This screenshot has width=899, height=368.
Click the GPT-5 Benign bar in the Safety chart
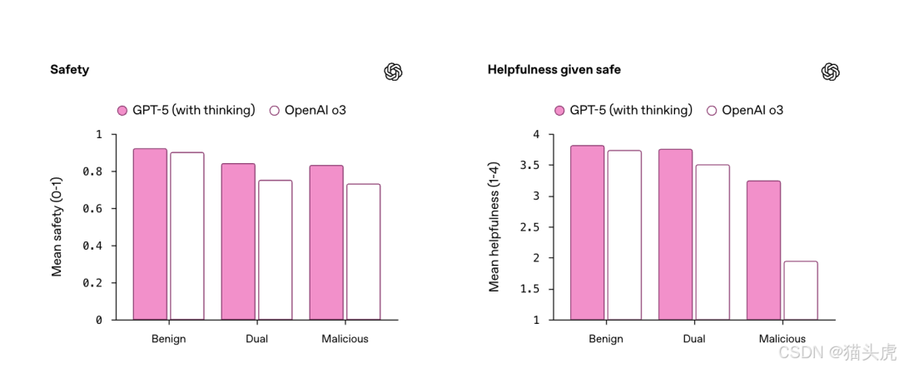click(150, 234)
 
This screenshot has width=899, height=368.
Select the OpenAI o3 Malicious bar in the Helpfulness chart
click(800, 291)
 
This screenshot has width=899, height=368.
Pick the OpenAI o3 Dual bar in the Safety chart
click(275, 250)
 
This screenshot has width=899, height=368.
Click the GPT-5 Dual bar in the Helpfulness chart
click(675, 234)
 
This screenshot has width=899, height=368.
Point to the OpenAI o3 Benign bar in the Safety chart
click(186, 236)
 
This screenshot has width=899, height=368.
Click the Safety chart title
click(69, 70)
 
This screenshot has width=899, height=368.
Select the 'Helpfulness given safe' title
click(554, 70)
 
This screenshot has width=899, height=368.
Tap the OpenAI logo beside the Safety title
click(394, 72)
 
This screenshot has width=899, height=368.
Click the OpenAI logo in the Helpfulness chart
click(830, 72)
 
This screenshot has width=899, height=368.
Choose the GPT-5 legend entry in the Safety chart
click(186, 110)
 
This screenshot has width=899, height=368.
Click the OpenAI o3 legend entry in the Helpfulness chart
click(745, 110)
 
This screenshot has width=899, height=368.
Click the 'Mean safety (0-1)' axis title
click(57, 226)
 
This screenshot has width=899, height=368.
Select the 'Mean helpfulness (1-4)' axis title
click(494, 226)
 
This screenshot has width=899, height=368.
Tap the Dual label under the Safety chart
click(256, 339)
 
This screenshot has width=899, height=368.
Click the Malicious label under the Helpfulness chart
click(782, 339)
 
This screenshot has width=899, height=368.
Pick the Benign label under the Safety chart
click(168, 339)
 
